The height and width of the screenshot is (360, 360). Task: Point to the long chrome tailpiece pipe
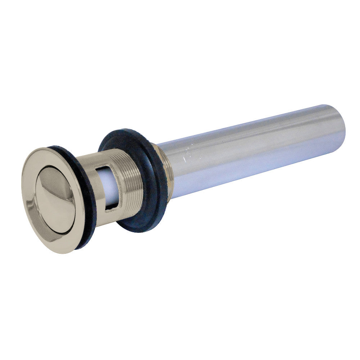click(252, 144)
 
